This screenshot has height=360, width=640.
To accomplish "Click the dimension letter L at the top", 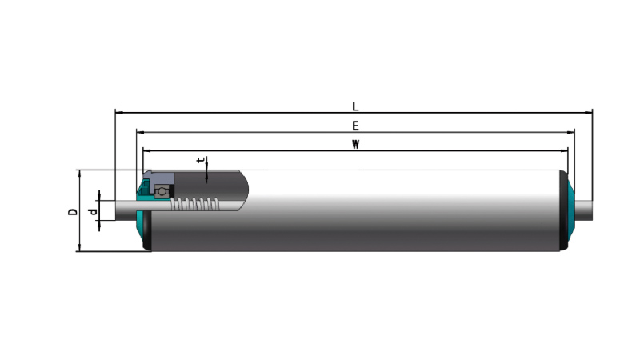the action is [355, 106].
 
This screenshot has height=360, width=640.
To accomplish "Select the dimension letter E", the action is [355, 126].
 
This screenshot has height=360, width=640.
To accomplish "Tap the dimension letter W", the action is [355, 145].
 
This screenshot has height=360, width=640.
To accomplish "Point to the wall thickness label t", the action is [200, 161].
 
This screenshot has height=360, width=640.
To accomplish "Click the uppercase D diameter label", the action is [73, 211].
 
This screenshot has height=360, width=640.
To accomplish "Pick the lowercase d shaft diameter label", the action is [93, 212].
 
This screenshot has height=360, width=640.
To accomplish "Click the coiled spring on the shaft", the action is [195, 204].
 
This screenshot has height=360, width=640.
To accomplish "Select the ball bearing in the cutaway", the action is [162, 191].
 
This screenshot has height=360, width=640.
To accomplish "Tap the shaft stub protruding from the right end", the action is [584, 210].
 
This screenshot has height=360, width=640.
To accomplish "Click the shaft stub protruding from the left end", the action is [126, 210].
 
